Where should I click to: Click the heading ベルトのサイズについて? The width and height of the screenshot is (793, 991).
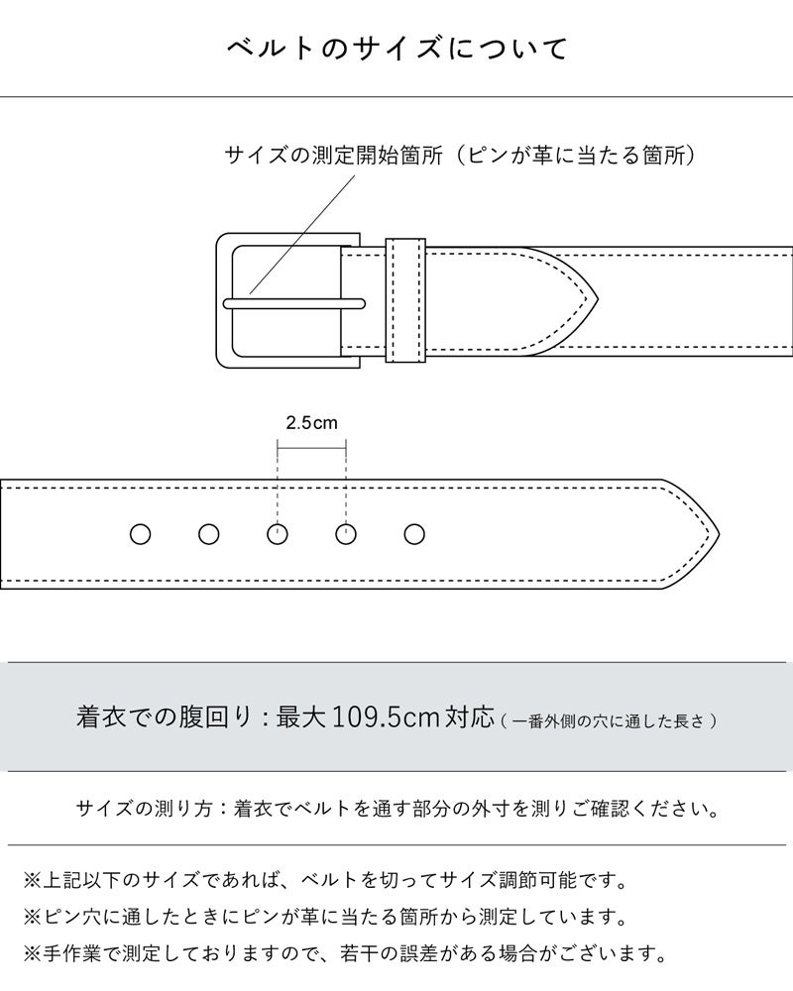click(397, 49)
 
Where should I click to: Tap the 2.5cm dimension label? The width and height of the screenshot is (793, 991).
click(311, 423)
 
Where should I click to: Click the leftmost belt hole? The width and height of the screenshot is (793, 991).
click(141, 535)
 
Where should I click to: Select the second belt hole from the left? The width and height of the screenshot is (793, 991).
click(209, 535)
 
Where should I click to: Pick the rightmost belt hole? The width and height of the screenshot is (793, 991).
click(414, 535)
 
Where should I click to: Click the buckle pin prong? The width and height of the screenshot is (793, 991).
click(294, 304)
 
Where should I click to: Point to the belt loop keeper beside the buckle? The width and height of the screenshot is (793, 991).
click(405, 301)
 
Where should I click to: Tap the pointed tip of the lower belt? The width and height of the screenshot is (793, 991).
click(719, 535)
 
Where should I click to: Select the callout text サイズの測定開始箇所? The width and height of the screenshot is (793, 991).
click(333, 156)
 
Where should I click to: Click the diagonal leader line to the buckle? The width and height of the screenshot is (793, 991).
click(302, 235)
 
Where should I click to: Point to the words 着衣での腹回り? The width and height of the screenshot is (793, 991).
click(165, 717)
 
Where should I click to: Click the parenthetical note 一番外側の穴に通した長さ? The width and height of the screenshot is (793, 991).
click(609, 721)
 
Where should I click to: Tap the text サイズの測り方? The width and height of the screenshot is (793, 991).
click(144, 809)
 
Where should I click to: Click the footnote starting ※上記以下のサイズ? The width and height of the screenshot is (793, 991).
click(325, 880)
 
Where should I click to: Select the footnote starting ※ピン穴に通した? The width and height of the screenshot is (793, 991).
click(325, 917)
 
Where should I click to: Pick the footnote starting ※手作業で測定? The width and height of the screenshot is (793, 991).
click(345, 953)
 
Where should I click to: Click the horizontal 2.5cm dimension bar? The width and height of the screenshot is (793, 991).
click(311, 448)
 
